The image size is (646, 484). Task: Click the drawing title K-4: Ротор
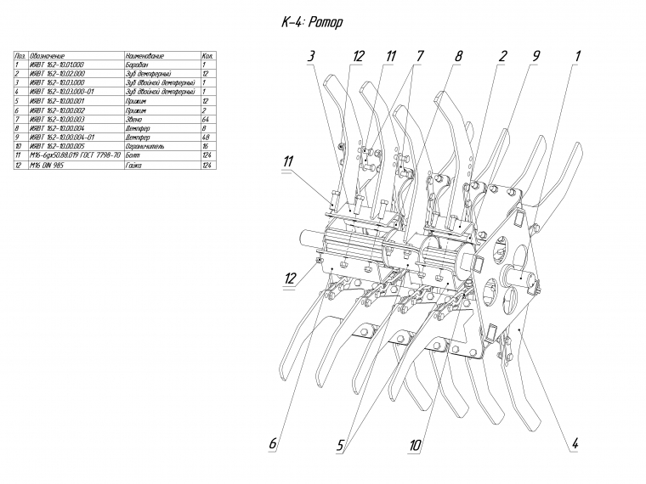click(312, 22)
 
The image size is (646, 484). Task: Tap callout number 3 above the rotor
click(312, 56)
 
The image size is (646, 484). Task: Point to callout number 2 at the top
click(503, 56)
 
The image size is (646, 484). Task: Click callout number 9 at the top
click(537, 56)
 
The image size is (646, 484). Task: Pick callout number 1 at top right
click(577, 56)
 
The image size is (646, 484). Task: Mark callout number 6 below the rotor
click(273, 443)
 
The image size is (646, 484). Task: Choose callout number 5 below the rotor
click(340, 444)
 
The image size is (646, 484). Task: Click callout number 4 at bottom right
click(575, 443)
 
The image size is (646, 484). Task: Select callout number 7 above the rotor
click(420, 56)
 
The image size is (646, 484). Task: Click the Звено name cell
click(133, 119)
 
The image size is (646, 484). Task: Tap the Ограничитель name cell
click(144, 146)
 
